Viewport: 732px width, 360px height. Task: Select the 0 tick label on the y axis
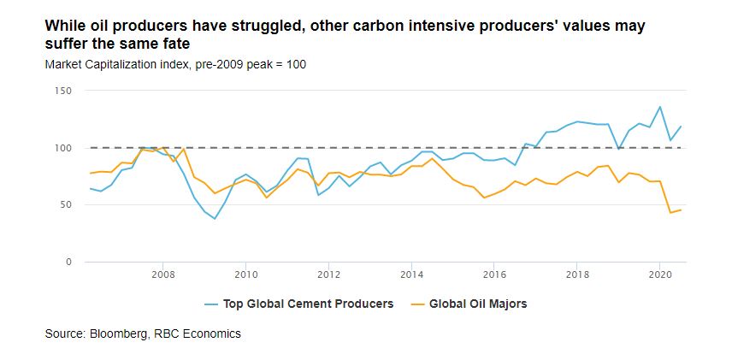[x=68, y=262]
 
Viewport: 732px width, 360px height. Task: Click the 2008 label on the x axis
[x=163, y=274]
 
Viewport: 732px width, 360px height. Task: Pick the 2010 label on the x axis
[x=246, y=274]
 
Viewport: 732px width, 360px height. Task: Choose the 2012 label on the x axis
[x=329, y=274]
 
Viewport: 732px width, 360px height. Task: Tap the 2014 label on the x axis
[x=412, y=274]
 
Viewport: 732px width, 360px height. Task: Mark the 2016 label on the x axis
[x=495, y=274]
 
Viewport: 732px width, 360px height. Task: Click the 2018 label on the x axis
[x=578, y=274]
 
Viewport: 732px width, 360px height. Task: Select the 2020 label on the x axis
[x=660, y=274]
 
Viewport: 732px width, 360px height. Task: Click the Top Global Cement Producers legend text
[x=308, y=303]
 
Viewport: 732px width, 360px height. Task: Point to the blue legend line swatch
[x=211, y=304]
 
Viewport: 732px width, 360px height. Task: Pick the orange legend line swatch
[x=417, y=304]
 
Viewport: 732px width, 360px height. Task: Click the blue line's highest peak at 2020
[x=659, y=107]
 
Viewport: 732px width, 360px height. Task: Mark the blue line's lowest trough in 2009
[x=214, y=219]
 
